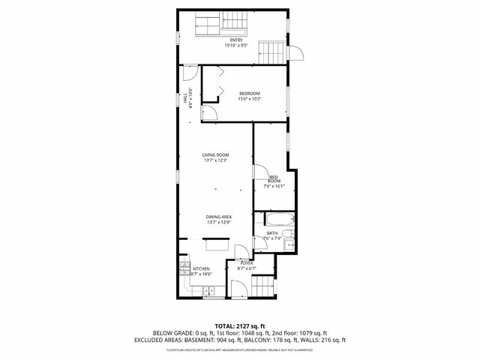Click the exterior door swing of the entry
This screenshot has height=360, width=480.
[x=296, y=54]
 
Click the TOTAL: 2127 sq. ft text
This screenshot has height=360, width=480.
[x=239, y=325]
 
